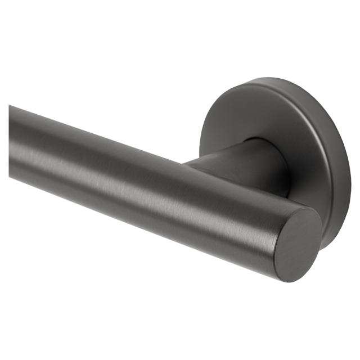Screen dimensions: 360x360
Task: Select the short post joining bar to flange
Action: (x=236, y=163)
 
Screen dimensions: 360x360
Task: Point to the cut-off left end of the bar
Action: (x=10, y=141)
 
